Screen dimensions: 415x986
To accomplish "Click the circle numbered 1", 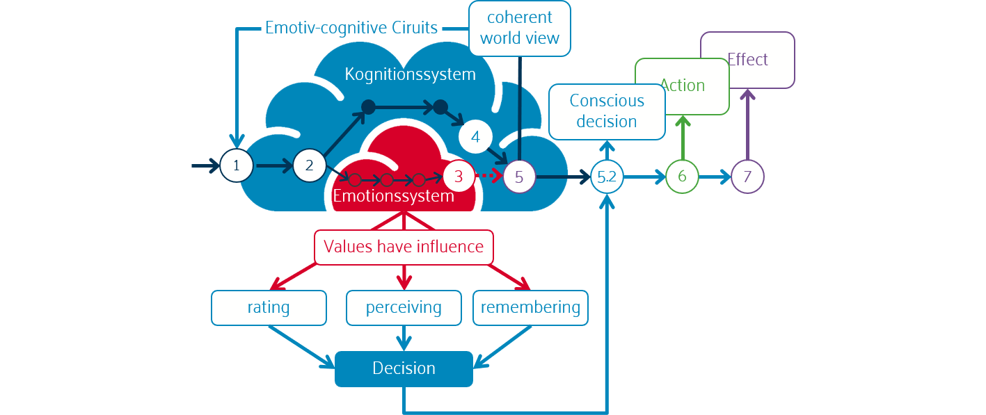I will [x=237, y=166].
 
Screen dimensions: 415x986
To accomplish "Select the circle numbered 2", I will [x=310, y=165].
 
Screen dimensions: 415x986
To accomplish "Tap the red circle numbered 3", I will [x=458, y=177].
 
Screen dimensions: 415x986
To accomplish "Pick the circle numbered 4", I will [x=475, y=137].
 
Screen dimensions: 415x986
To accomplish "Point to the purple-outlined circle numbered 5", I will [x=519, y=177].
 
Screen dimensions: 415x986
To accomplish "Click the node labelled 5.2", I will [x=607, y=177].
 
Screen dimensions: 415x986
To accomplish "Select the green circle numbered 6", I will [x=682, y=177].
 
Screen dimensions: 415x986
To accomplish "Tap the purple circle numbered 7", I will [x=747, y=177].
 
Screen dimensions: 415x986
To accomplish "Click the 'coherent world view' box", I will [x=519, y=28].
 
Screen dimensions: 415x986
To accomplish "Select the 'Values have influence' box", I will [x=404, y=247].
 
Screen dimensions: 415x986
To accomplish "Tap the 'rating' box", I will [x=269, y=307].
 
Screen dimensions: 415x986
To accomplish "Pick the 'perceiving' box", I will [x=404, y=307].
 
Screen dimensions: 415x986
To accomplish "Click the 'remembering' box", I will [x=530, y=307].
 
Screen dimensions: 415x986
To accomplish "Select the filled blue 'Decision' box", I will [x=404, y=368].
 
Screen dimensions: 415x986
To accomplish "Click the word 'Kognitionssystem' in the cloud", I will [x=411, y=74].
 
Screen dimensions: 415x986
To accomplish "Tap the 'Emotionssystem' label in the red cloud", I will [x=393, y=196].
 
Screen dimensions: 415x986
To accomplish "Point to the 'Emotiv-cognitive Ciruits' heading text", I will [x=351, y=29].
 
